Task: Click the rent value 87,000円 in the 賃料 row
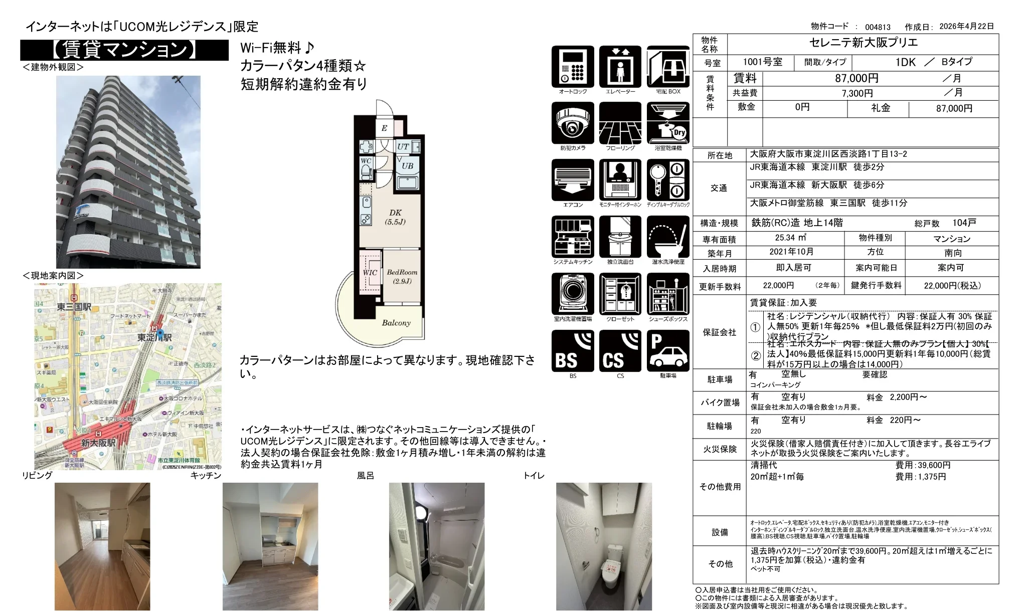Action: (x=856, y=78)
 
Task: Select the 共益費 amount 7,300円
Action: (x=857, y=93)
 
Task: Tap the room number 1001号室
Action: (x=762, y=62)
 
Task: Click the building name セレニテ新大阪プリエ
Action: (x=863, y=43)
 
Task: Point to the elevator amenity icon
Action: (x=620, y=67)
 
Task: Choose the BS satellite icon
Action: (x=573, y=351)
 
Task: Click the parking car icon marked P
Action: (x=668, y=351)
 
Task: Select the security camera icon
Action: (x=573, y=123)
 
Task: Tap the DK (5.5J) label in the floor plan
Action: (x=395, y=217)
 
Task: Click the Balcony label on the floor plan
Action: (x=396, y=323)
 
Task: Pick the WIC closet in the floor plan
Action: (x=370, y=273)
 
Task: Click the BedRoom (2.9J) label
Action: (x=402, y=276)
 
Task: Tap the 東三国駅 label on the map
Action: (x=74, y=306)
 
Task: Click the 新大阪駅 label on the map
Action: (x=98, y=443)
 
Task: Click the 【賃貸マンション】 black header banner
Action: (x=124, y=50)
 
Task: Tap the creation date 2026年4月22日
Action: (x=966, y=27)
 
